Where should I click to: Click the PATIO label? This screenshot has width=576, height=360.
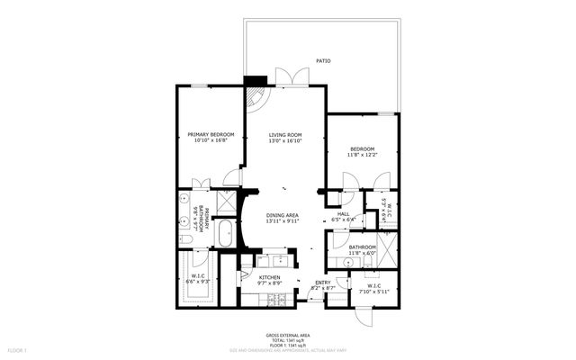[323, 61]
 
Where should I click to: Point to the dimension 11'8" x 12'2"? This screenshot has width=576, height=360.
[362, 156]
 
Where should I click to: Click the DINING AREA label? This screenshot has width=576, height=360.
[283, 215]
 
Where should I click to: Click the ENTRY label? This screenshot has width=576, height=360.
[323, 282]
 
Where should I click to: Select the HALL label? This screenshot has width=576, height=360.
[343, 212]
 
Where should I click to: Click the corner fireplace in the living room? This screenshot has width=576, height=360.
[256, 93]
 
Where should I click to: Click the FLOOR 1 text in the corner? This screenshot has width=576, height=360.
[18, 349]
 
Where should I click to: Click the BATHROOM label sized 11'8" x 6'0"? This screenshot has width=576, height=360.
[362, 247]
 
